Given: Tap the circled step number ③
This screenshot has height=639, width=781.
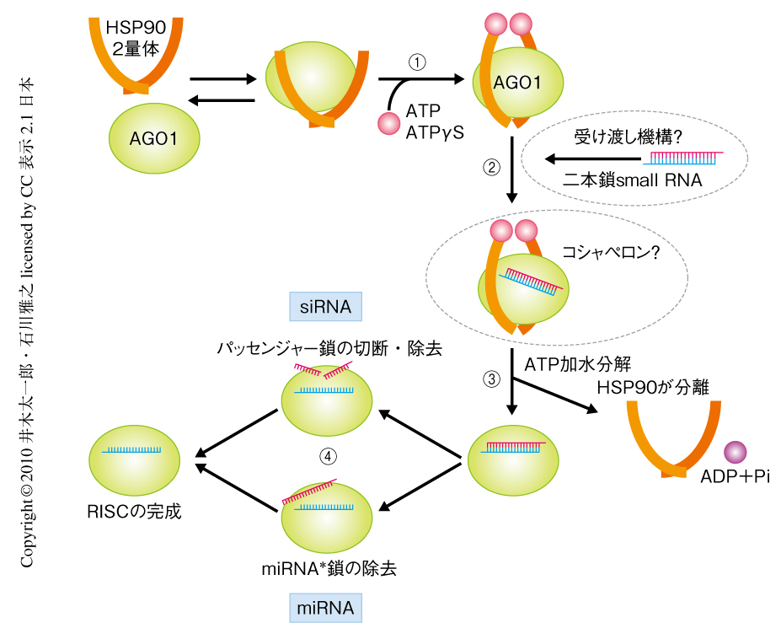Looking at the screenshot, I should click(x=491, y=379).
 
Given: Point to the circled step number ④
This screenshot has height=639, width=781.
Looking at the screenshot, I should click(x=329, y=456).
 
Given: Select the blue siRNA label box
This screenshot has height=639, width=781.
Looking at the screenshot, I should click(x=325, y=306).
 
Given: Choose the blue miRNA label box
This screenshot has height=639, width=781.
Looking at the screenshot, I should click(x=325, y=607).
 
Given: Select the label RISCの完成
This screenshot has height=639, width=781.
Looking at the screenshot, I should click(x=134, y=512).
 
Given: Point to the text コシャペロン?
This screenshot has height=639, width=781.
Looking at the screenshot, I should click(x=611, y=251).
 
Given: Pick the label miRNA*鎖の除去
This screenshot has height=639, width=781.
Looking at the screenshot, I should click(x=329, y=568).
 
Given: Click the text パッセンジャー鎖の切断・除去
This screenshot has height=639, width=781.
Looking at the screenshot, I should click(x=329, y=347).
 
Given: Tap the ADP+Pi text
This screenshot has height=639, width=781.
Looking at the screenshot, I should click(x=735, y=476).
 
